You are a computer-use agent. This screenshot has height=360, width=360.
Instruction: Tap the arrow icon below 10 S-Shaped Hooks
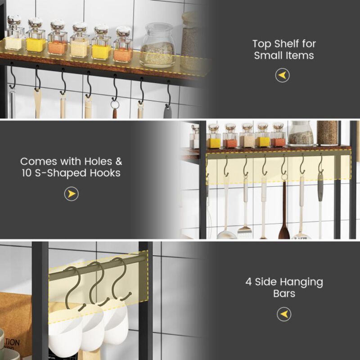pyautogui.click(x=71, y=194)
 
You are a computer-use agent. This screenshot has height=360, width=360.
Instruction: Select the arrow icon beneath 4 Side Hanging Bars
pyautogui.click(x=284, y=314)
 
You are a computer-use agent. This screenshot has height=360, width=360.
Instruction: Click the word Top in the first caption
pyautogui.click(x=262, y=44)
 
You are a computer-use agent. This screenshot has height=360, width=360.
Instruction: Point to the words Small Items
pyautogui.click(x=284, y=56)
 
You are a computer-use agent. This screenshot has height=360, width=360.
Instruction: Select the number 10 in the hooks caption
pyautogui.click(x=27, y=173)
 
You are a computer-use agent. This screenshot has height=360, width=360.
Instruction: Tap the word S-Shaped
pyautogui.click(x=58, y=173)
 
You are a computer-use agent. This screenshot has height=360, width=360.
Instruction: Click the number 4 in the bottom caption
pyautogui.click(x=248, y=282)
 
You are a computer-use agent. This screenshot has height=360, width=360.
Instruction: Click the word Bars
pyautogui.click(x=284, y=294)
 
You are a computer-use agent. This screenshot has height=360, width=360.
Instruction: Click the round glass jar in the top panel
pyautogui.click(x=157, y=46)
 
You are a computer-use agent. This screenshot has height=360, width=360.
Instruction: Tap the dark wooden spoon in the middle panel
pyautogui.click(x=284, y=220)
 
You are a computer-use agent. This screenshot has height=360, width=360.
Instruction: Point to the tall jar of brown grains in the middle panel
pyautogui.click(x=327, y=133)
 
